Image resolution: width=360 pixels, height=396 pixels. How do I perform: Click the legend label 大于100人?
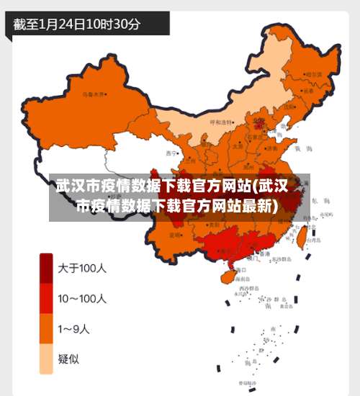coord(82,269)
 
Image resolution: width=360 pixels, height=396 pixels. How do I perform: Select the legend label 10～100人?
coord(83,298)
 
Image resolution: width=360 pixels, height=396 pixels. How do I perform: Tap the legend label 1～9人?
coord(74,329)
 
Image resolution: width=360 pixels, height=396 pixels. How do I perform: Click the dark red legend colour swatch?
coord(46,269)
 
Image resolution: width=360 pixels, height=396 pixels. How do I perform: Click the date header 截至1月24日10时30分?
coord(77,23)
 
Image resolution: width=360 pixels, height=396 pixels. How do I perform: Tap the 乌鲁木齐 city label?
coord(93,94)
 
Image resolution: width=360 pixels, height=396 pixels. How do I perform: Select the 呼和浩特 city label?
coord(221,122)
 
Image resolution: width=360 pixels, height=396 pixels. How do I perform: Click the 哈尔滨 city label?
coord(312,74)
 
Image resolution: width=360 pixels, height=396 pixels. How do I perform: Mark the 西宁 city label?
coord(171,153)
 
